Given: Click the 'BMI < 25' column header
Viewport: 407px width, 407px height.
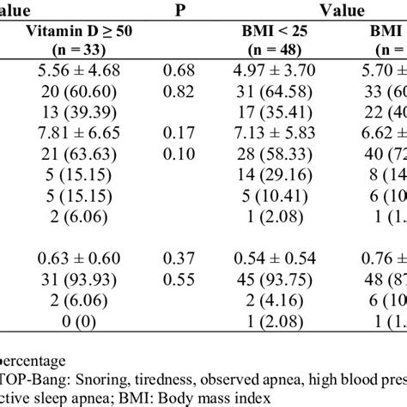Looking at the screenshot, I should click(277, 33).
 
